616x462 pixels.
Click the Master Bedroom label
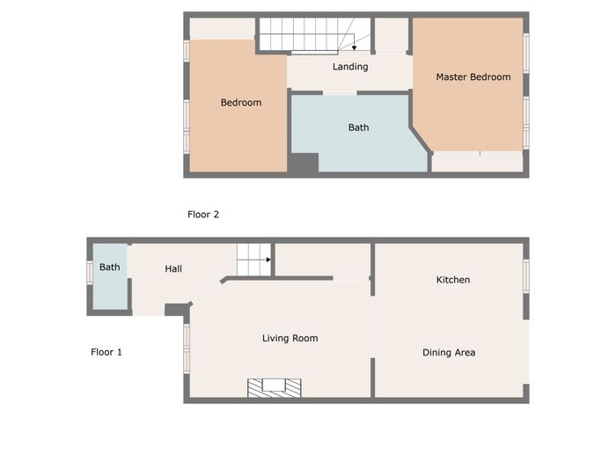(x=473, y=77)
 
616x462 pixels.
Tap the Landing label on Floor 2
(x=350, y=67)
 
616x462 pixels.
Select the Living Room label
(x=290, y=338)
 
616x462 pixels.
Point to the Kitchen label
(x=453, y=280)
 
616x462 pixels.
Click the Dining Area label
(x=449, y=352)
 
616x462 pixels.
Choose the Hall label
(x=173, y=268)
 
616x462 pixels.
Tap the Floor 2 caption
(x=203, y=215)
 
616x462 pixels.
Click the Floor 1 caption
(x=106, y=352)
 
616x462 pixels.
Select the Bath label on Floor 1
(x=110, y=268)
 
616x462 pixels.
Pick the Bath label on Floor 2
(x=359, y=128)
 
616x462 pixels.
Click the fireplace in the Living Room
(x=275, y=388)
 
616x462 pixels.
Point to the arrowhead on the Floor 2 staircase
(x=354, y=48)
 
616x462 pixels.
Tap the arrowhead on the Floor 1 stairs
(x=268, y=260)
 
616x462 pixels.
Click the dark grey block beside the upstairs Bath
(x=304, y=163)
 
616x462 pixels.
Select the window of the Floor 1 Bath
(x=90, y=273)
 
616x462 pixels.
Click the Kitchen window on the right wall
(x=526, y=276)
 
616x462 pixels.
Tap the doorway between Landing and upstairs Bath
(x=340, y=92)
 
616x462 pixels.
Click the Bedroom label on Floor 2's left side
(x=241, y=103)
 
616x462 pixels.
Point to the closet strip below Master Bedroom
(x=477, y=162)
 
